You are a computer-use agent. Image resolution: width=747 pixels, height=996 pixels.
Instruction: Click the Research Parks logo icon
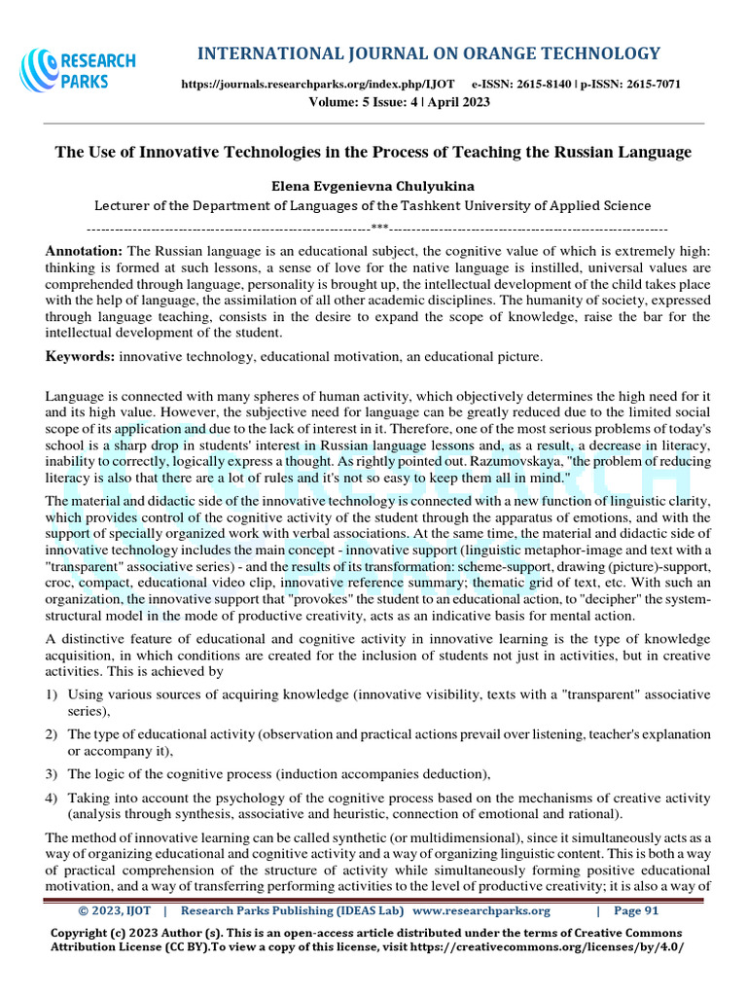(x=40, y=71)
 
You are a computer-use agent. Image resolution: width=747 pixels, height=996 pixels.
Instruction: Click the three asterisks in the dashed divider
(x=379, y=228)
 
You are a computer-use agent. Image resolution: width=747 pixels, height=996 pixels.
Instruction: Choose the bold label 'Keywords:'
(x=81, y=357)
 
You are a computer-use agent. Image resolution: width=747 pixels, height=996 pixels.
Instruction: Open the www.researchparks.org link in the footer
(x=481, y=910)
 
